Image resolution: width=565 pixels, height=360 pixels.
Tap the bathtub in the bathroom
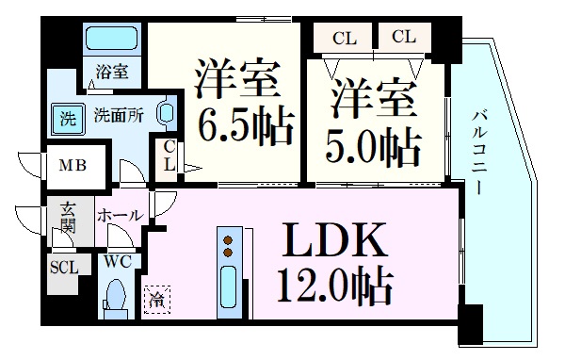click(x=112, y=39)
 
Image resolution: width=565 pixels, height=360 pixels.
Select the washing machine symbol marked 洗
click(x=67, y=119)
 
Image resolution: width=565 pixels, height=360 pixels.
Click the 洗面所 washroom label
click(x=119, y=117)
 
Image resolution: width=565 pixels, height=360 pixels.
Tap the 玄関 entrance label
click(x=68, y=218)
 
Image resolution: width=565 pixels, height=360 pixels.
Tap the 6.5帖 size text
click(x=244, y=123)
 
